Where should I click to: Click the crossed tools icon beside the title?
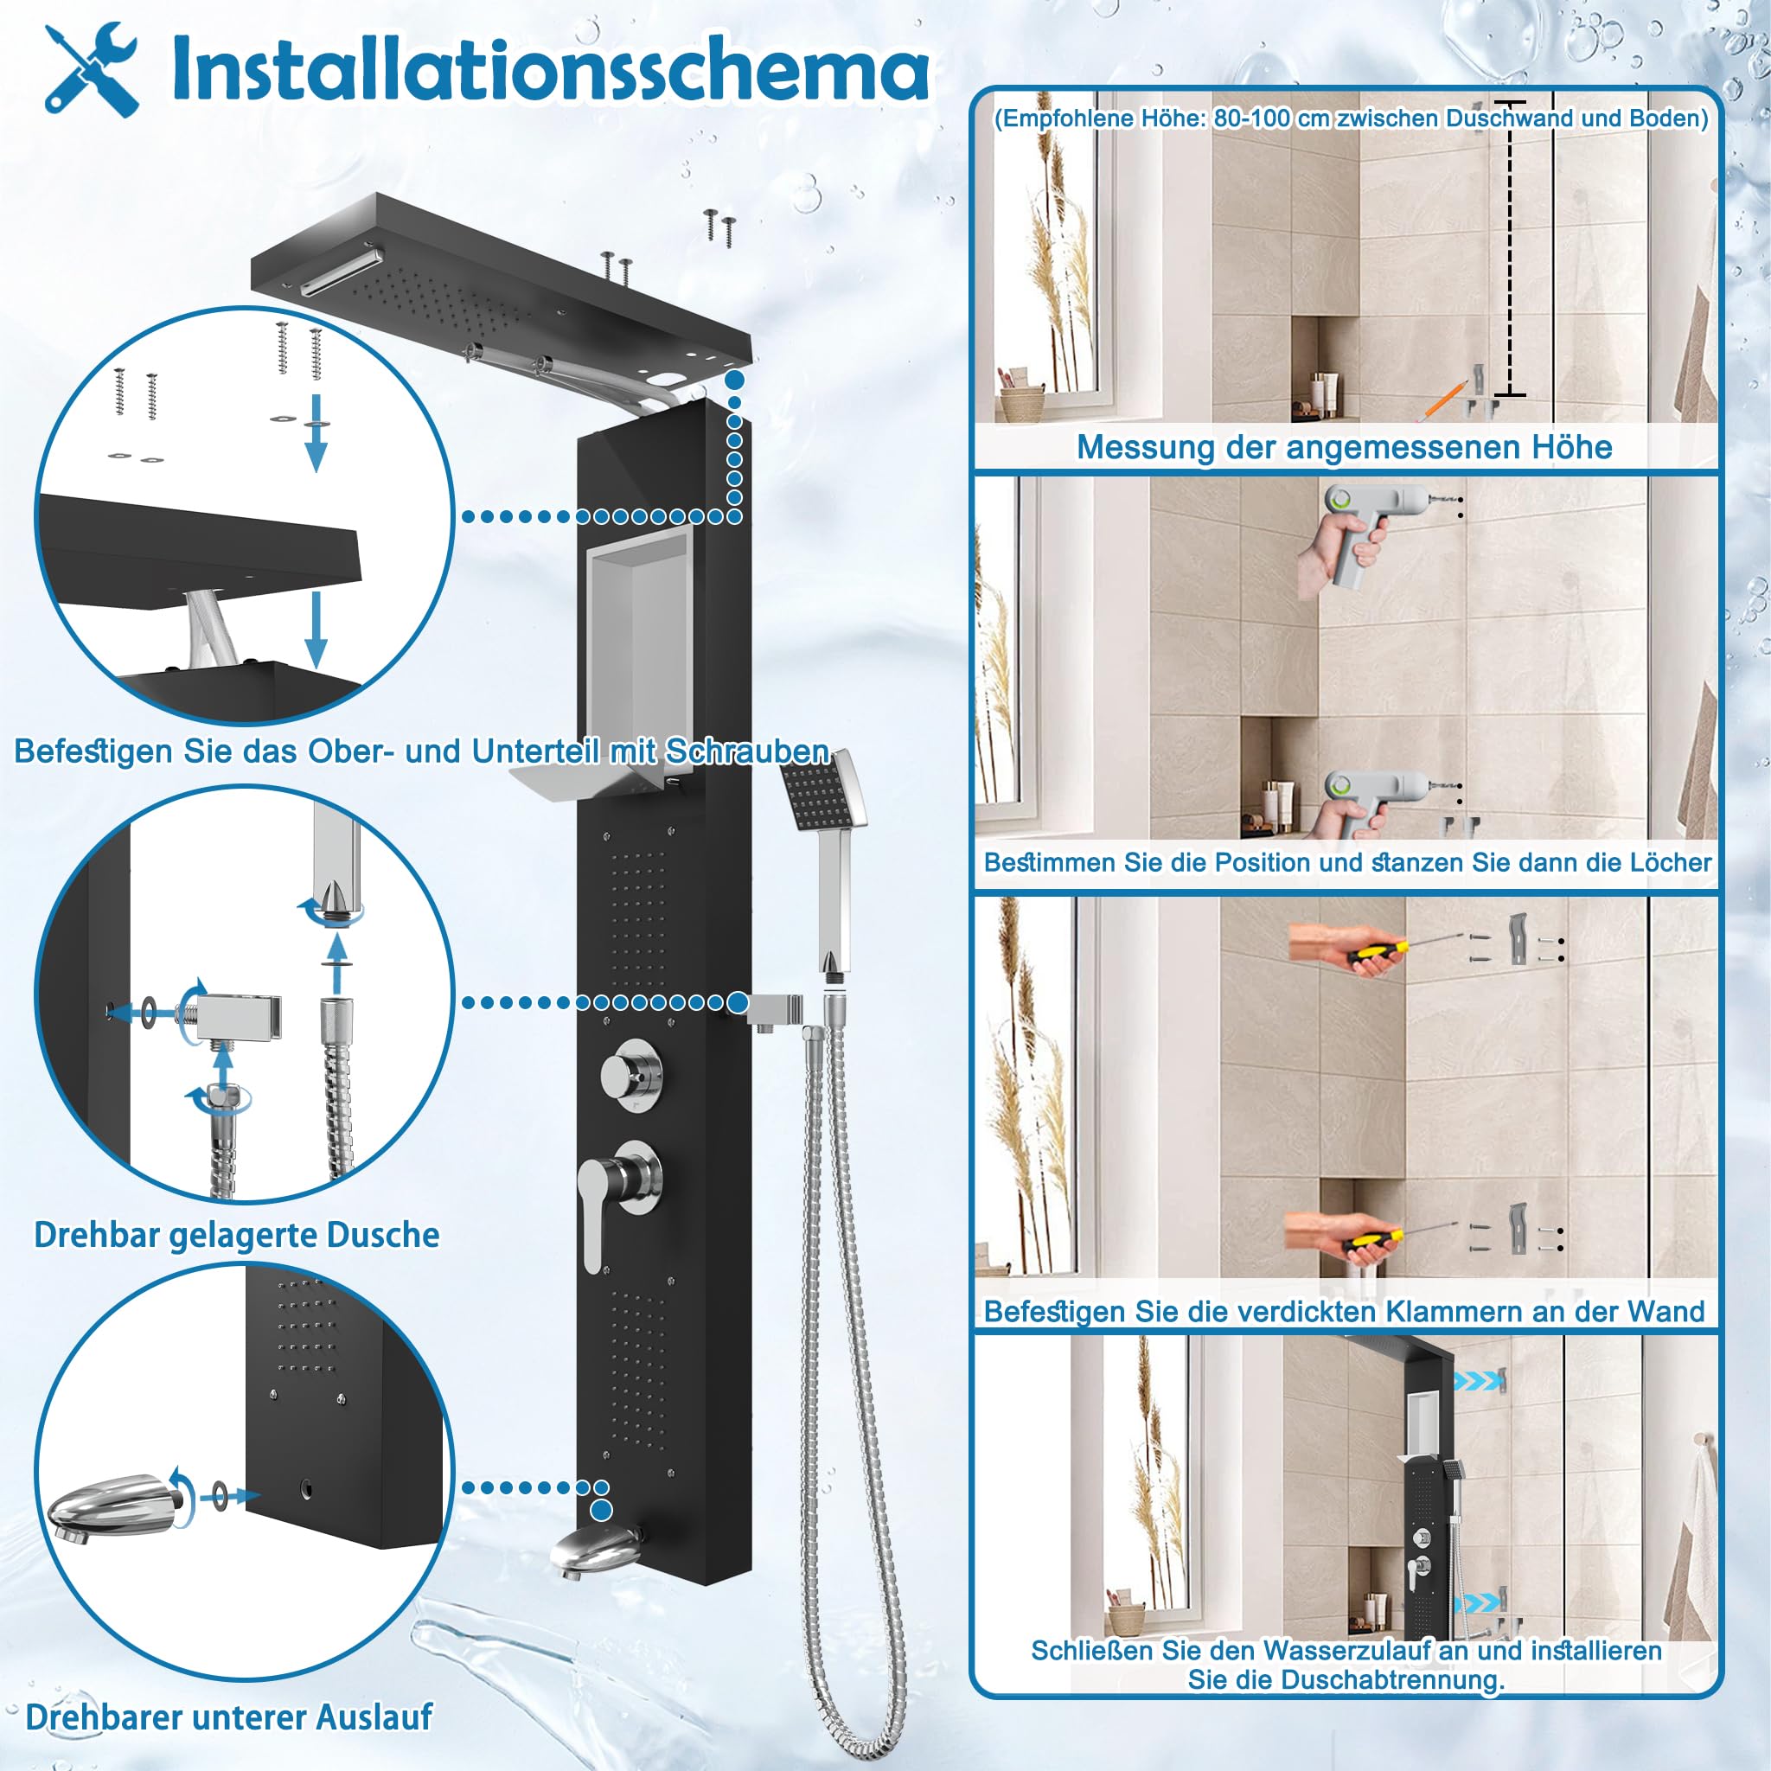(x=93, y=70)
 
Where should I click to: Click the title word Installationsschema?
(x=550, y=70)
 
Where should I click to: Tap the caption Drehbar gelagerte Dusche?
(x=236, y=1235)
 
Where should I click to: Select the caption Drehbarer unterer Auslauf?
(x=229, y=1716)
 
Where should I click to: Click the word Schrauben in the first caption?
(x=747, y=751)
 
